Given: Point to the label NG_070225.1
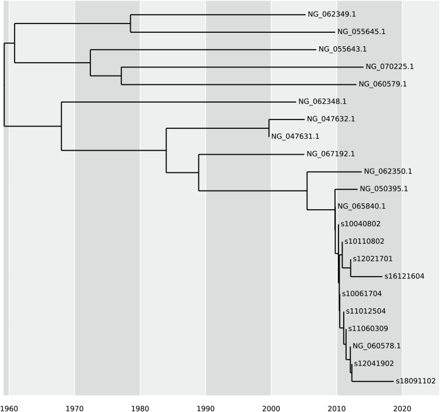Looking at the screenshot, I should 389,67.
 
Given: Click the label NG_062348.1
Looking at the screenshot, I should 322,102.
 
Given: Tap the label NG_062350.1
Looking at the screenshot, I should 388,172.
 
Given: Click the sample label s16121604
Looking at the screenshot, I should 404,276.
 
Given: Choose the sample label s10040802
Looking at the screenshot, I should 360,224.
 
